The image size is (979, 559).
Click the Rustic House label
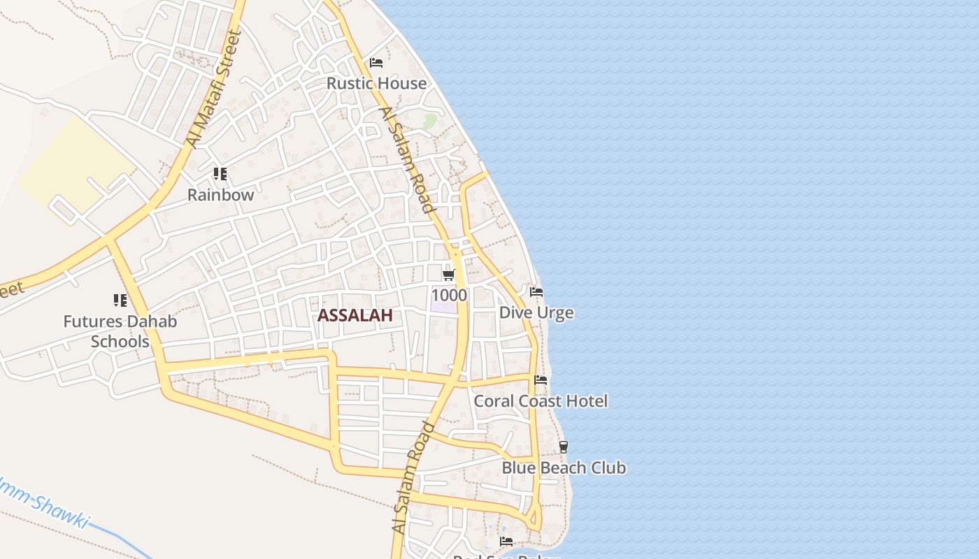376,83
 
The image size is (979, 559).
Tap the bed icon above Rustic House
376,63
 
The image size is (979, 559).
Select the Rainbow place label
220,195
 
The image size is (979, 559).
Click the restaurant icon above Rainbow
220,174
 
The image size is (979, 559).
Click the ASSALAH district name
355,315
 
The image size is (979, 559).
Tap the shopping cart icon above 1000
449,275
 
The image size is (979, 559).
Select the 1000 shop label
449,295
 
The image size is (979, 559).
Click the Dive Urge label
536,312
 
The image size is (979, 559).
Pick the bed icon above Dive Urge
536,291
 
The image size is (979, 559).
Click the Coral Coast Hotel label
541,401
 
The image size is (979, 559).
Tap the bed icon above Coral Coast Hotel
541,380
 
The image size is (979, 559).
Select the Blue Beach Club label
564,467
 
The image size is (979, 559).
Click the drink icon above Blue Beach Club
564,447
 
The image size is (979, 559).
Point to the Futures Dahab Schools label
120,331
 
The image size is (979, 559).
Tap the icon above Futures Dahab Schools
120,300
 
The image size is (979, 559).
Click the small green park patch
429,122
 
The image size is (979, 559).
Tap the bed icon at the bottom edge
506,542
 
